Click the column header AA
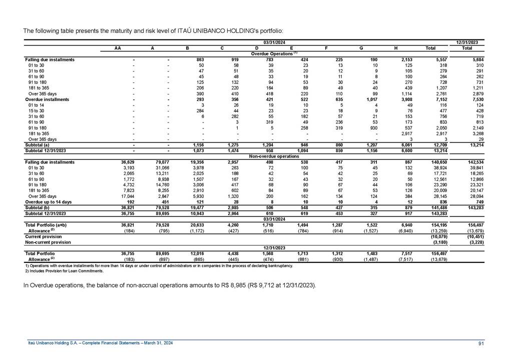click(x=117, y=48)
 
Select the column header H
click(x=395, y=48)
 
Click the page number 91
click(x=480, y=342)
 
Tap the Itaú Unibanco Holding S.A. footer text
click(x=100, y=342)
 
